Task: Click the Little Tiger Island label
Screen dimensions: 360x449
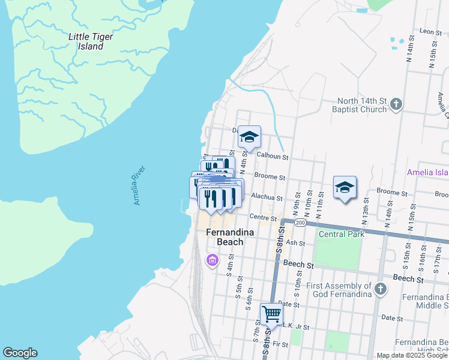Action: pos(91,41)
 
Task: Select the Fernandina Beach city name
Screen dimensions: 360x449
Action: pos(225,237)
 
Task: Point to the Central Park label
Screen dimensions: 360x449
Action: pos(342,234)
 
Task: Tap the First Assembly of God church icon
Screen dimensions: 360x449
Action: pos(379,290)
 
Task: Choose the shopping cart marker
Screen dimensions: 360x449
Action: pos(271,313)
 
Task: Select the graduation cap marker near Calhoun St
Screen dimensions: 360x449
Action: pos(249,137)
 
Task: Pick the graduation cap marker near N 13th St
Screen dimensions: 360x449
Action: pos(345,188)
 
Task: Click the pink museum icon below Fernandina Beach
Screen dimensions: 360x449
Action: pos(211,260)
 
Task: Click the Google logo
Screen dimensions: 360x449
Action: pos(20,353)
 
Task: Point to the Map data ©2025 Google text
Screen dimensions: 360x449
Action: pos(412,355)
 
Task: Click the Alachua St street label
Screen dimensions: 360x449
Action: pos(267,196)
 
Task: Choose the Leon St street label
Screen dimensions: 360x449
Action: pos(430,31)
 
